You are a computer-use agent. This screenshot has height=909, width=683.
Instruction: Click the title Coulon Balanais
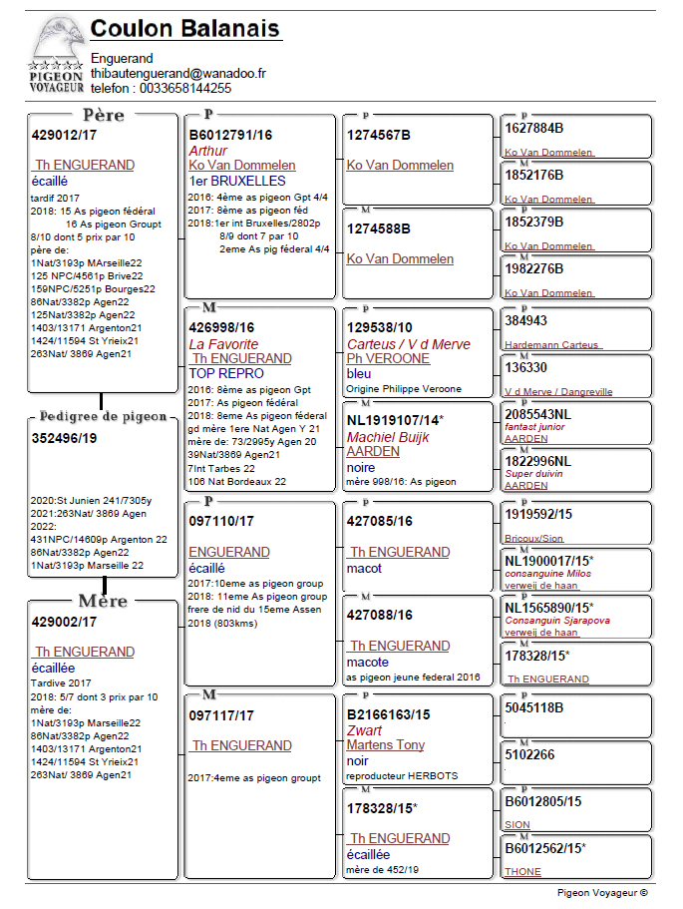(185, 28)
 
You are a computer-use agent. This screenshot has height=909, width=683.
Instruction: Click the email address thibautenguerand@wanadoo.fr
(178, 74)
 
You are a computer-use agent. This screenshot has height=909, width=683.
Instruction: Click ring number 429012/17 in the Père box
(65, 135)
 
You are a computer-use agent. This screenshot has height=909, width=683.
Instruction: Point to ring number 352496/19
(65, 437)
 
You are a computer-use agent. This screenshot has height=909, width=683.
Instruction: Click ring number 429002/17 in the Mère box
(65, 621)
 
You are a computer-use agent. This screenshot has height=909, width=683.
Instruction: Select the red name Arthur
(207, 151)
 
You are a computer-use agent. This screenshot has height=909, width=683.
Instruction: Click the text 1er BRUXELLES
(237, 182)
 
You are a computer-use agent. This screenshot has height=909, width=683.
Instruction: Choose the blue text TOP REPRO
(226, 373)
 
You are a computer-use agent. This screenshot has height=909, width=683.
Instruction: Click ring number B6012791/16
(230, 135)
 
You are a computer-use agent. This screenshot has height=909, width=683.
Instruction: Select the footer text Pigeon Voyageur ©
(602, 894)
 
